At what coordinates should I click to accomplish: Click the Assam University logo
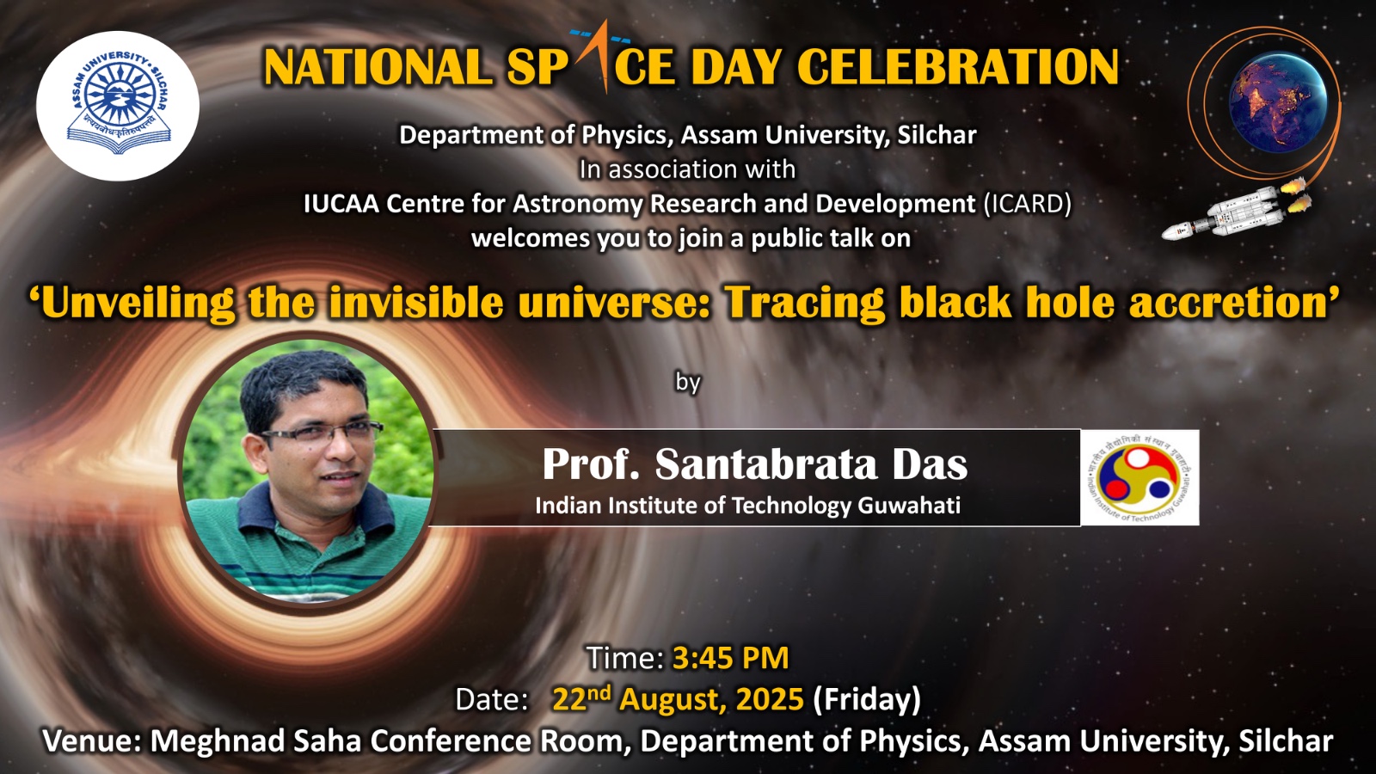pos(117,105)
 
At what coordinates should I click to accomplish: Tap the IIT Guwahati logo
pos(1139,478)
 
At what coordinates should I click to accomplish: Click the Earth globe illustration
pos(1278,101)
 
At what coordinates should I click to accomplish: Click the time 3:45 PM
pos(731,657)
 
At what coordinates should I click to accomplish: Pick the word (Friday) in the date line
pos(867,700)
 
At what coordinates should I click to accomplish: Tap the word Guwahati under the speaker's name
pos(909,506)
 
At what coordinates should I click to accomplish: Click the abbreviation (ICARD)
pos(1027,203)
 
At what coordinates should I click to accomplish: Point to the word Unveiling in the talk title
pos(132,302)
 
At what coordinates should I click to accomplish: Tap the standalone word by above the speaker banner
pos(688,384)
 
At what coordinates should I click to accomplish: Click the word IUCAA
pos(341,203)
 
